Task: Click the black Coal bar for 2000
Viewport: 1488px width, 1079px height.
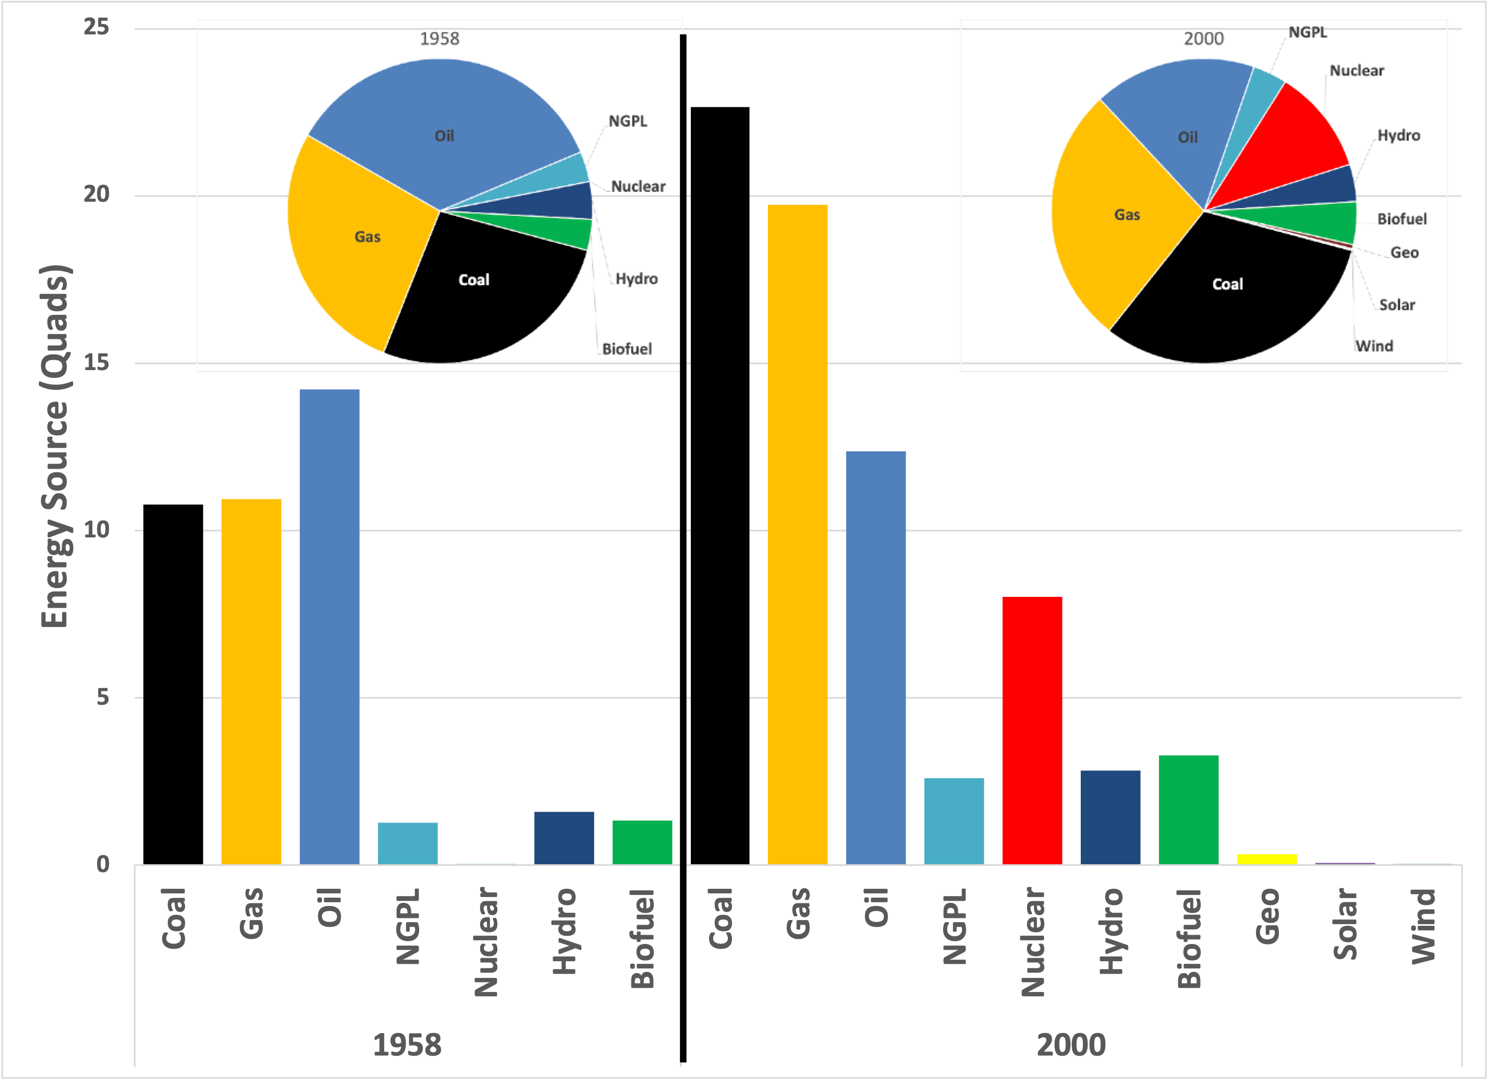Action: click(719, 485)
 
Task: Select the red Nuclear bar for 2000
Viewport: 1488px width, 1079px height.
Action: click(1032, 730)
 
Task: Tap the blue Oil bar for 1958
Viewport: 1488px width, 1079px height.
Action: click(330, 627)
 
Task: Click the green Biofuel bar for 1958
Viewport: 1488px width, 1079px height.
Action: click(642, 842)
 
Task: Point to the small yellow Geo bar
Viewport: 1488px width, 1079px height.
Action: click(1267, 859)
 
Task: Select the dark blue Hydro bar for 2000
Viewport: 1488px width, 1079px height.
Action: click(1110, 817)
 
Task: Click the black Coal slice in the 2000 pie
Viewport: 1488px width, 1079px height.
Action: click(1227, 295)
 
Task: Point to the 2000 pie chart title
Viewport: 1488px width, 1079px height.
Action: click(1203, 39)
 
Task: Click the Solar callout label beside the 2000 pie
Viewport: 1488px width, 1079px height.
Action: click(1397, 305)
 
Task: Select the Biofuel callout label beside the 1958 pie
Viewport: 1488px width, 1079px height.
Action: click(627, 349)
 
